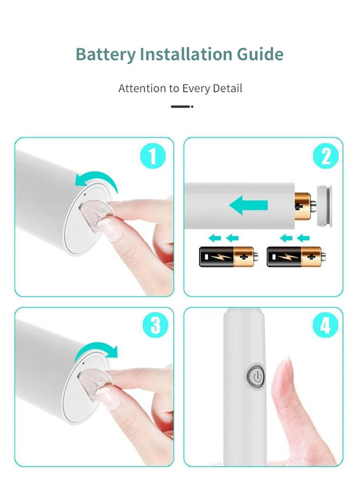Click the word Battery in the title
pos(105,55)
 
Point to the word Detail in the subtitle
pos(228,88)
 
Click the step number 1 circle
pos(153,156)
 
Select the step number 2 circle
pos(326,156)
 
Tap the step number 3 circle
pos(155,325)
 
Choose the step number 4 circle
pos(325,325)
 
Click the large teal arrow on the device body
pos(248,205)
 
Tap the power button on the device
pos(256,376)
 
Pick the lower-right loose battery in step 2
pos(296,256)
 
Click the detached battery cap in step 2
pos(324,206)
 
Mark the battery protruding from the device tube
pos(304,206)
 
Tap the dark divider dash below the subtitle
pos(182,107)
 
